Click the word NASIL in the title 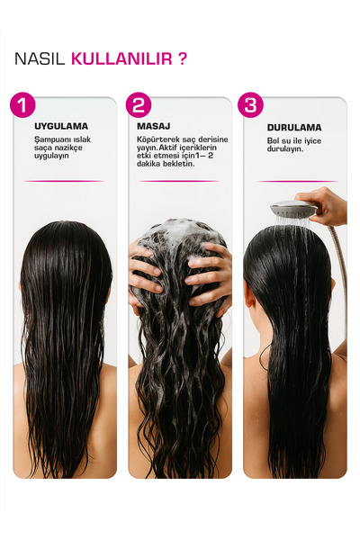click(40, 58)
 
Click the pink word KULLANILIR click(121, 58)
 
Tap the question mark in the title click(183, 58)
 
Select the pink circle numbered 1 click(22, 105)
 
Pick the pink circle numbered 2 click(139, 105)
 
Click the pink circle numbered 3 click(250, 105)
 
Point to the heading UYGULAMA click(61, 126)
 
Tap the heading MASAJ click(154, 126)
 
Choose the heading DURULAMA click(294, 128)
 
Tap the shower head click(293, 208)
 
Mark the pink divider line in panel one click(64, 181)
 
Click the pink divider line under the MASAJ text click(179, 181)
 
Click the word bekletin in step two click(179, 164)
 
